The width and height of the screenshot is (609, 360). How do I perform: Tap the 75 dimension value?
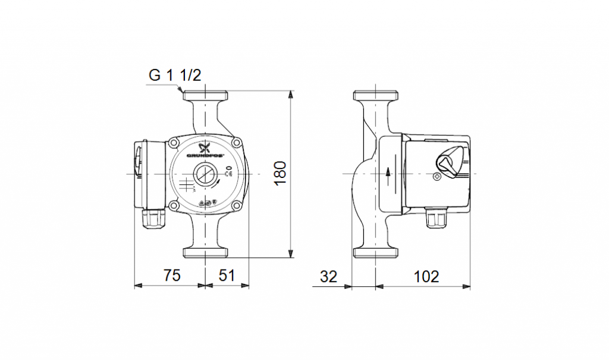coord(171,276)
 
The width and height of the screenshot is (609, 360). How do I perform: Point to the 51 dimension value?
coord(227,276)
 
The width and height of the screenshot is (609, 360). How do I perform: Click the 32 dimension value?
coord(328,276)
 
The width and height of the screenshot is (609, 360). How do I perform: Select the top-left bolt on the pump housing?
coord(174,143)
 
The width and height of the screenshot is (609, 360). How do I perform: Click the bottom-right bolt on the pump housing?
coord(237,206)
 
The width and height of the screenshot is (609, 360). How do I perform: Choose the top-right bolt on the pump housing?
coord(237,143)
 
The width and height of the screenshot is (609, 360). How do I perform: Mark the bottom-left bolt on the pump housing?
coord(174,206)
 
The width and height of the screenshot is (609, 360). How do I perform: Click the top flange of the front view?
coord(205,95)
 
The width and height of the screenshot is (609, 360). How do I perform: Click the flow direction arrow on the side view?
coord(388,173)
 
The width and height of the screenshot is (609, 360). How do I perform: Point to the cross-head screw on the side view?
coord(438,177)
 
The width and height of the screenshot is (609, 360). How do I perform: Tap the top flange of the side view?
coord(375,96)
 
